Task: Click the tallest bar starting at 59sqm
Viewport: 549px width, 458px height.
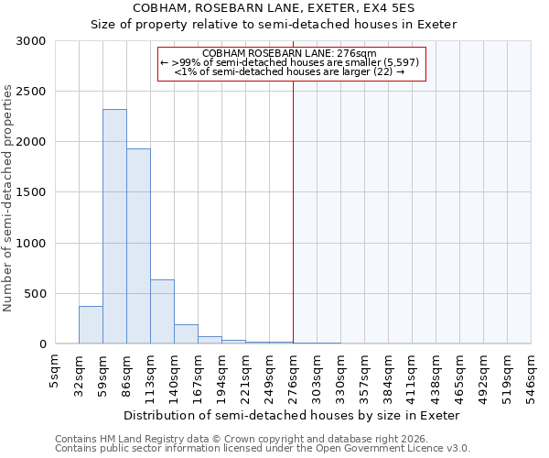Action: click(114, 226)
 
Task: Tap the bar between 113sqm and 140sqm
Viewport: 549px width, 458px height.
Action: click(162, 311)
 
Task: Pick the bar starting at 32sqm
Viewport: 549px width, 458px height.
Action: click(91, 325)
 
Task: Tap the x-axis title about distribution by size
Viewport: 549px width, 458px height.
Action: click(292, 415)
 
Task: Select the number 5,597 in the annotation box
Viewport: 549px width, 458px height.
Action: click(401, 62)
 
